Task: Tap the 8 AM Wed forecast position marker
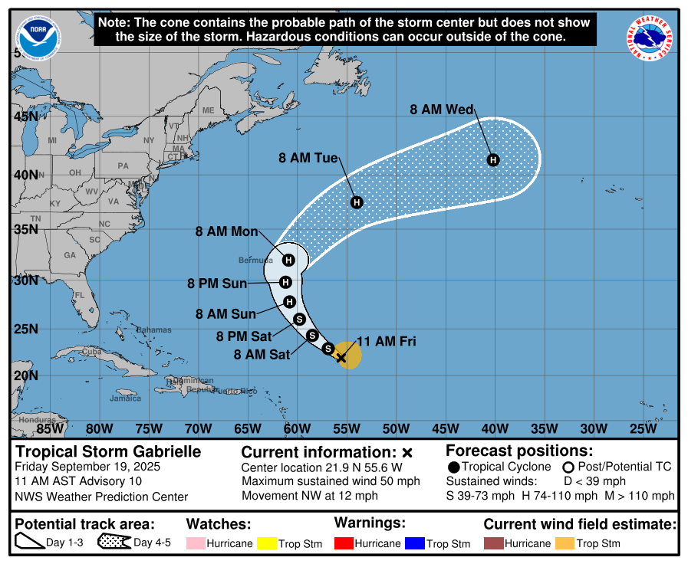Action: (494, 159)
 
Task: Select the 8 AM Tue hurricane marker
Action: (356, 202)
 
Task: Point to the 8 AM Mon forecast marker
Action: (289, 260)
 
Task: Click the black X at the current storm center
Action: (341, 357)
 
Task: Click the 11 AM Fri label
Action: (387, 342)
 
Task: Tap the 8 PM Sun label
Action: (217, 284)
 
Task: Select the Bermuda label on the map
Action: (255, 261)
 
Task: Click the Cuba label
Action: (91, 352)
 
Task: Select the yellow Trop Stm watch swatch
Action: (268, 543)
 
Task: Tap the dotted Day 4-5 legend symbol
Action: (114, 543)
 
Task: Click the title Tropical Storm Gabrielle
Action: (108, 451)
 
